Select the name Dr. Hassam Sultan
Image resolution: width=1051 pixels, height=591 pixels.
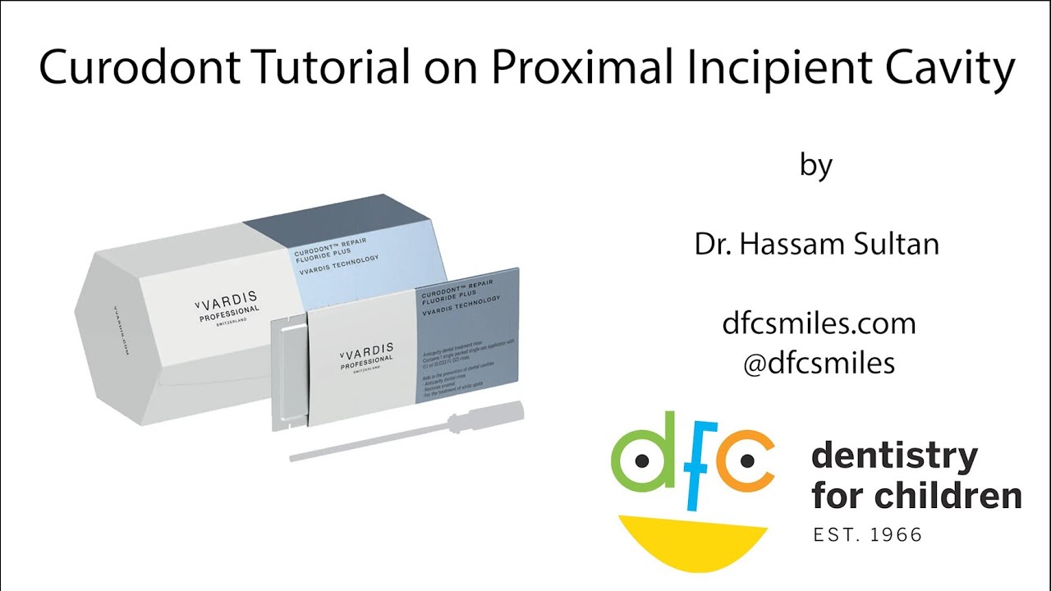coord(817,245)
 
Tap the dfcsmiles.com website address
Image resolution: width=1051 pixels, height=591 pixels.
coord(819,323)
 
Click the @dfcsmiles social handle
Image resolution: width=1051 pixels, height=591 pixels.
coord(818,363)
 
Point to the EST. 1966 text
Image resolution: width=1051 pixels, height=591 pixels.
coord(867,535)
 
